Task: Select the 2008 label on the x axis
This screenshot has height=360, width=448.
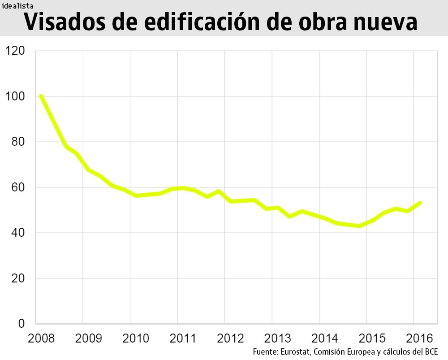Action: click(x=41, y=338)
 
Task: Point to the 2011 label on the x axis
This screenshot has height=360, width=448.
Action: click(x=183, y=338)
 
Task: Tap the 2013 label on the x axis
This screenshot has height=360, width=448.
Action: click(x=278, y=338)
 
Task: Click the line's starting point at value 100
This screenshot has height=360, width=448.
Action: click(x=41, y=96)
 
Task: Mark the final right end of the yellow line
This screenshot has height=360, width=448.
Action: click(x=420, y=203)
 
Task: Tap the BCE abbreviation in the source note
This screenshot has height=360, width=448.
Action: click(x=430, y=351)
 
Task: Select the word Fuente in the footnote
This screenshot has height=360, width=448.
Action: click(x=265, y=351)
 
